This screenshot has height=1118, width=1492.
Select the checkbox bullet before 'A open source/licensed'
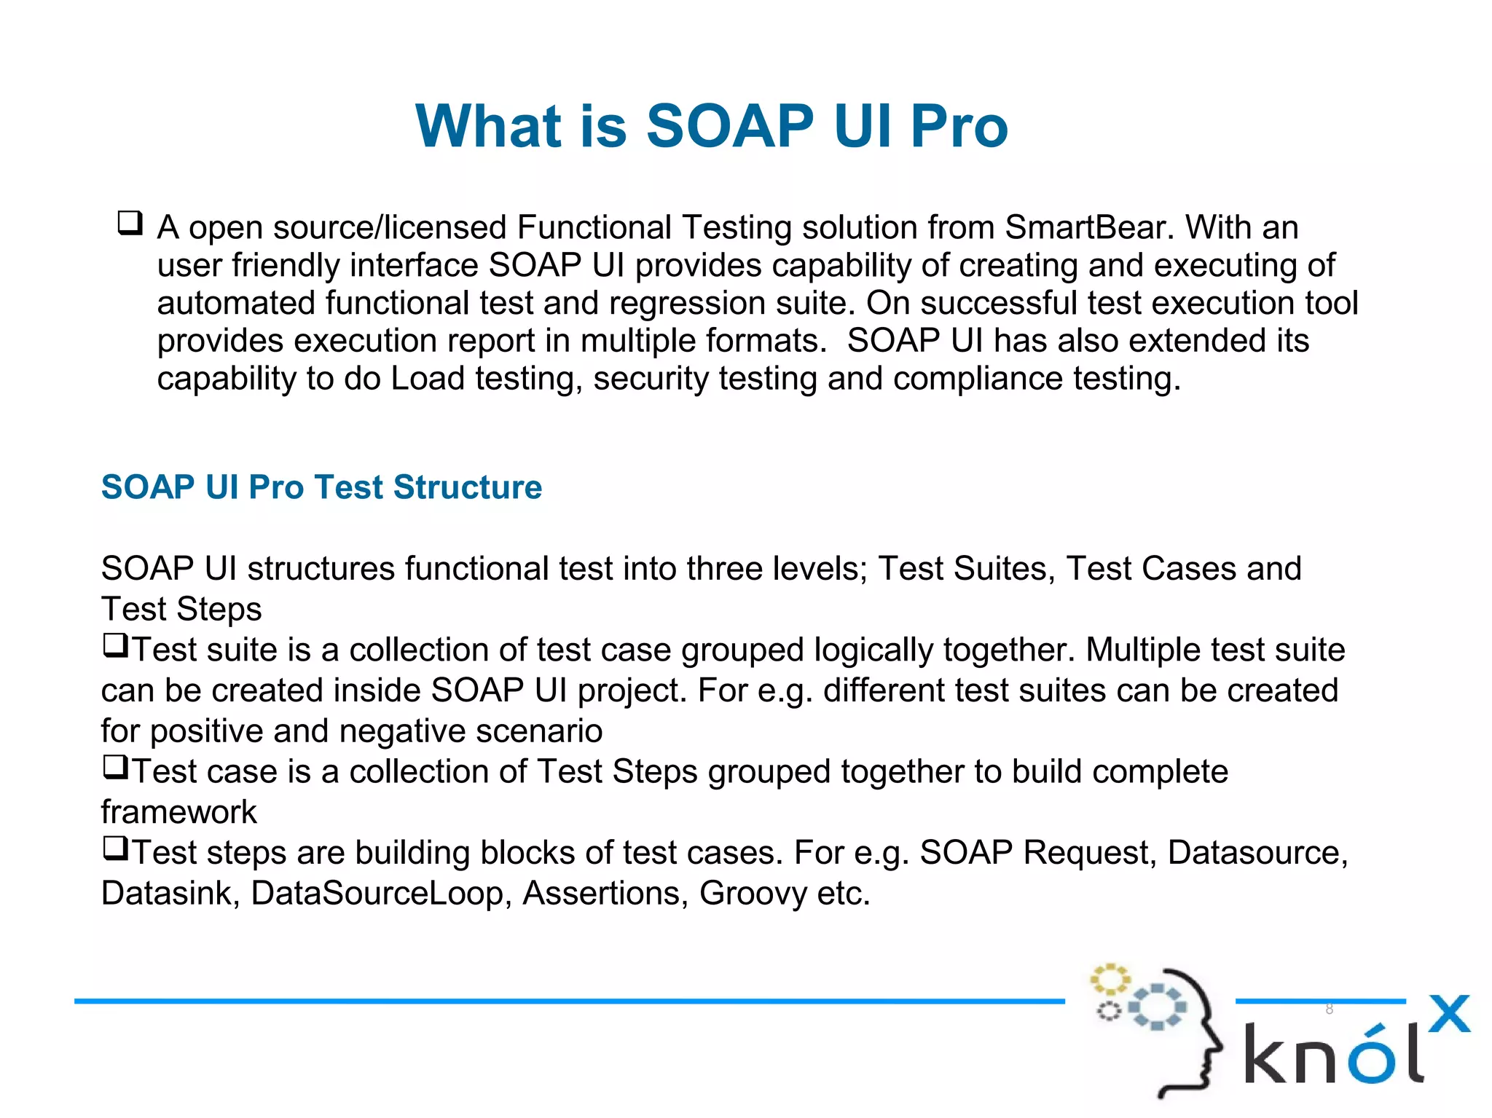click(130, 222)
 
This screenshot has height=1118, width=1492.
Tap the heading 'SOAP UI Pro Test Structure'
click(321, 487)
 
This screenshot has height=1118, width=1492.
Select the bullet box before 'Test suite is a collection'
click(115, 645)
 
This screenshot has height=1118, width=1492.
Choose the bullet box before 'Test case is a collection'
click(115, 767)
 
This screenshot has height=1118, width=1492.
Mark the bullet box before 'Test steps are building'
click(115, 848)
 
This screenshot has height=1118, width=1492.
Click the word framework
click(178, 812)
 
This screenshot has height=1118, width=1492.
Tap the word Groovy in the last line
click(753, 894)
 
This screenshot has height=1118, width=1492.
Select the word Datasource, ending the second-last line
click(1257, 853)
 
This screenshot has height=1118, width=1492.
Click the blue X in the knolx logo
click(1449, 1014)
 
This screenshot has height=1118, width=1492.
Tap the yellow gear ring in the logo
click(1110, 979)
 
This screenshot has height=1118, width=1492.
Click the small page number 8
click(1329, 1009)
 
